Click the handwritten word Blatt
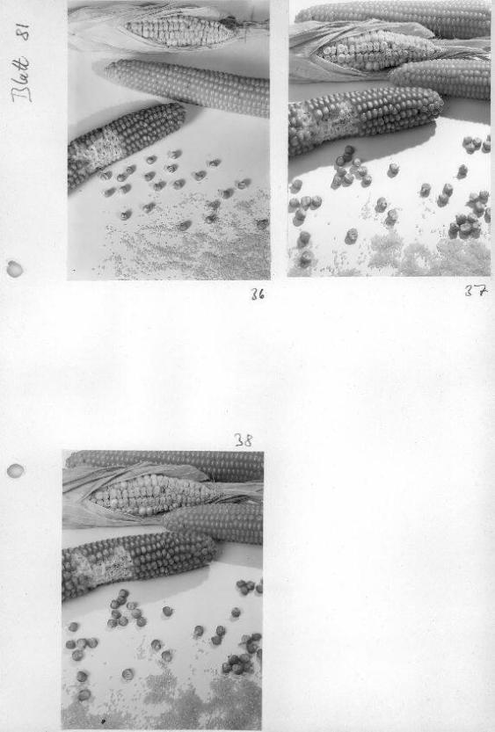pyautogui.click(x=22, y=79)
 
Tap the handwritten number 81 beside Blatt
pyautogui.click(x=24, y=33)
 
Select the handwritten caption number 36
pyautogui.click(x=258, y=294)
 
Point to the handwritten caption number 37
pyautogui.click(x=476, y=291)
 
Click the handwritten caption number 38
pyautogui.click(x=244, y=439)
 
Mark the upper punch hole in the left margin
pyautogui.click(x=14, y=269)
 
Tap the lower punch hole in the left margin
pyautogui.click(x=16, y=471)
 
